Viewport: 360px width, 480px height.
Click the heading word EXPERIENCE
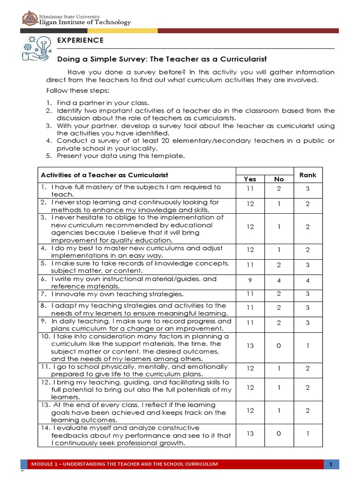tap(80, 40)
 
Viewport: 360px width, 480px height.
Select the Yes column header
tap(250, 179)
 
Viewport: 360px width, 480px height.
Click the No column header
tap(279, 179)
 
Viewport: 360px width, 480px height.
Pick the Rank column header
tap(308, 175)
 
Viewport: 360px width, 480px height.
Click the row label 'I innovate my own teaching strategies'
tap(117, 294)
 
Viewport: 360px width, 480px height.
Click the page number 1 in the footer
tap(330, 465)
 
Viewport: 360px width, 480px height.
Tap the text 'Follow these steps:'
tap(77, 90)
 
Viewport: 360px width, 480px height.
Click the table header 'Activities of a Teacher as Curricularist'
tap(105, 175)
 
